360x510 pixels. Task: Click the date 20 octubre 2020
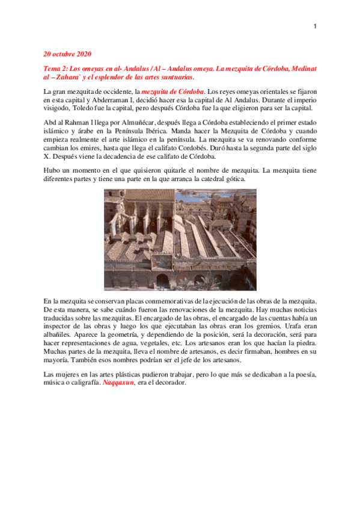(66, 54)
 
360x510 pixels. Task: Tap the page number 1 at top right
(315, 26)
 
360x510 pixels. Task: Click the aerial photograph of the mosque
(180, 239)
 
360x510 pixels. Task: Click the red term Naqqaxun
(118, 382)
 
